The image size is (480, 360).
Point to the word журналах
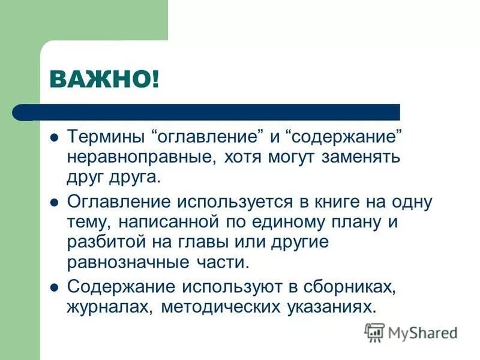tap(102, 307)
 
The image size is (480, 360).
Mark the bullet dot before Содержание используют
tap(53, 287)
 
